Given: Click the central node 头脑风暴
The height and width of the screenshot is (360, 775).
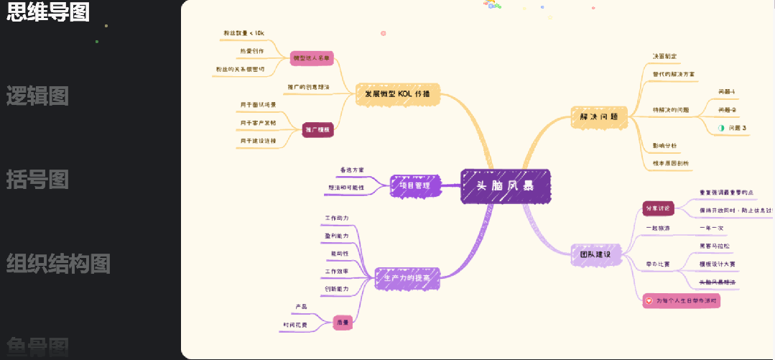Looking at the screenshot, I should click(506, 186).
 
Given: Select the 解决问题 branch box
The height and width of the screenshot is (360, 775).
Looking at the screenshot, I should click(599, 116).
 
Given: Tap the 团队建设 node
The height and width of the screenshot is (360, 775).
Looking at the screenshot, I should click(595, 254).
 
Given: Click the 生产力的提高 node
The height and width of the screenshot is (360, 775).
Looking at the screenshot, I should click(407, 277).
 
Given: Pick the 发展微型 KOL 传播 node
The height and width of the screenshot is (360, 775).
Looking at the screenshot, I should click(397, 94).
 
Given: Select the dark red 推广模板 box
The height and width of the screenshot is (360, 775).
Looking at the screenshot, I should click(317, 130).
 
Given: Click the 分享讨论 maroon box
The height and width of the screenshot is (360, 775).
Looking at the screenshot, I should click(658, 208).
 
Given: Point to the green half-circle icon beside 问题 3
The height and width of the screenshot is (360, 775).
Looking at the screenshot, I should click(721, 128).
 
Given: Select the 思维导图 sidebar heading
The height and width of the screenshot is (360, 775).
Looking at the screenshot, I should click(48, 12).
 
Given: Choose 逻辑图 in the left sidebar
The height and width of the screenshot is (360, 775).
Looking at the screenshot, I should click(37, 96).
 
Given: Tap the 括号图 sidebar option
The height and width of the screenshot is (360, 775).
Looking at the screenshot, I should click(37, 179).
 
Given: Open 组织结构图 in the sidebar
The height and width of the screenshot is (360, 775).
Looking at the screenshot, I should click(58, 264).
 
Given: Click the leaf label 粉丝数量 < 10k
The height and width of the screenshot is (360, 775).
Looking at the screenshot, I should click(244, 33).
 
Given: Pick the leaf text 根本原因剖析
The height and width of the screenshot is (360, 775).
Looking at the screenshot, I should click(670, 163).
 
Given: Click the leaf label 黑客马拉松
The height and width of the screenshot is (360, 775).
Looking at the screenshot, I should click(714, 246).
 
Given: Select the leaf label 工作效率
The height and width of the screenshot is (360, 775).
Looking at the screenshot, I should click(336, 271).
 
